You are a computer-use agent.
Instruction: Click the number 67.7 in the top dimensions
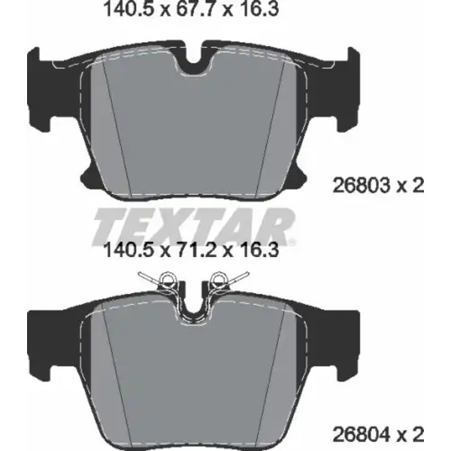(x=192, y=10)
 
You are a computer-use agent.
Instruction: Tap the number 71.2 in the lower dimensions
(x=192, y=250)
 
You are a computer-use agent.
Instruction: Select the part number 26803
(x=361, y=186)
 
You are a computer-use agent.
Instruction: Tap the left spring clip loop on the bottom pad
(x=166, y=278)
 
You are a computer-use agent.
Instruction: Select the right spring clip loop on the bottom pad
(x=218, y=278)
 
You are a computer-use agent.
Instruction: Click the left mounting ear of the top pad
(x=40, y=89)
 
